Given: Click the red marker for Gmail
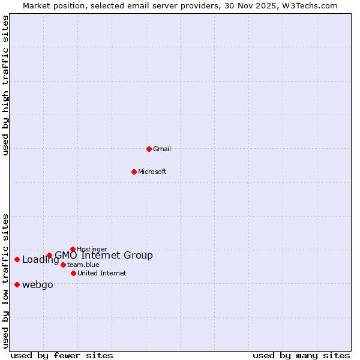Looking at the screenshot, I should point(149,149).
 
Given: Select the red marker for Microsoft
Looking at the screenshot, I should point(134,172).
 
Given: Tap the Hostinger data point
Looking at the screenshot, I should point(73,249).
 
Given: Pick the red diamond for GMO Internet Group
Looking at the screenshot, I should point(49,255).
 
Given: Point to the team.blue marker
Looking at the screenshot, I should point(63,265).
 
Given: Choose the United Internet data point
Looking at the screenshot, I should point(73,273).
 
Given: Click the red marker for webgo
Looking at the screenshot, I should point(17,284).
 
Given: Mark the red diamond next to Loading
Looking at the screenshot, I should point(17,259).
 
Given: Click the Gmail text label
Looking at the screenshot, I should point(162,149).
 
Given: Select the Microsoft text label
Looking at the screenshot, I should point(152,172).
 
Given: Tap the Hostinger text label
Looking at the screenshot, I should point(92,249).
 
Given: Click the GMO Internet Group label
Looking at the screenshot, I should point(104,255).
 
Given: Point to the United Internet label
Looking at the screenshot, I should point(101,273).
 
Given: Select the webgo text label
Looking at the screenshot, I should point(37,284).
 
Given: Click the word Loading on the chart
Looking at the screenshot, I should point(40,260).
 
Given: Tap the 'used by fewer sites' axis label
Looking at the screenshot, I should point(62,355).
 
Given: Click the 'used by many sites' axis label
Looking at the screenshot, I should point(301,355).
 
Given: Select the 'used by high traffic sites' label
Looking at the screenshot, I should point(5,85).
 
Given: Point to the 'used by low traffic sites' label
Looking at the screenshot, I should point(5,281).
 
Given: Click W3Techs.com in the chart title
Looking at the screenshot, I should point(311,5).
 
